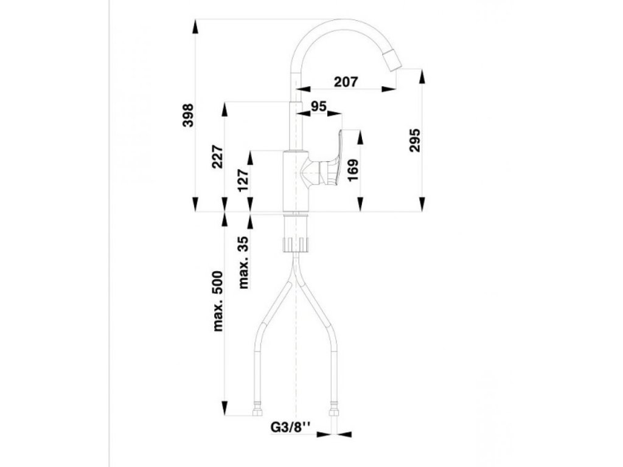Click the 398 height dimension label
point(189,115)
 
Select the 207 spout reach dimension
point(346,81)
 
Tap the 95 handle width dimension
point(318,106)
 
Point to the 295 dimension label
point(415,140)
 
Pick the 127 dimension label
point(244,181)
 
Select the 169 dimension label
point(353,170)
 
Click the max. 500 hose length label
point(218,302)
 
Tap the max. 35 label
point(244,262)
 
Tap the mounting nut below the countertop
point(297,244)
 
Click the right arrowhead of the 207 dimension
point(389,89)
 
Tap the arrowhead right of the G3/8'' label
point(343,434)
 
